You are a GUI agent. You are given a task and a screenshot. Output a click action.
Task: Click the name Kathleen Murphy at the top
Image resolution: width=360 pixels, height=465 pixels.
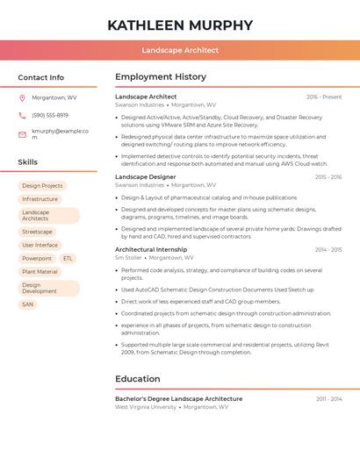click(x=180, y=25)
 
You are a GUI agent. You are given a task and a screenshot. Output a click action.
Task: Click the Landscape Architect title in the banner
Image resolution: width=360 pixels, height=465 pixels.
click(x=180, y=50)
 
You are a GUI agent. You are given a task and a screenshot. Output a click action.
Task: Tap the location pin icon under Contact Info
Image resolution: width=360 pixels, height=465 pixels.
click(x=22, y=97)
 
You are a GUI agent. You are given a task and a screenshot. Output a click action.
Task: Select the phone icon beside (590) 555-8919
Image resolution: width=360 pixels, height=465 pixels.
click(x=22, y=115)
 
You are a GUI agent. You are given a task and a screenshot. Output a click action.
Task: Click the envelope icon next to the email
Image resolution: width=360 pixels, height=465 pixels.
click(x=22, y=133)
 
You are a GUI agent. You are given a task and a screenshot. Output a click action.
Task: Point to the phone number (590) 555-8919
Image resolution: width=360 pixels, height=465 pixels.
click(x=50, y=115)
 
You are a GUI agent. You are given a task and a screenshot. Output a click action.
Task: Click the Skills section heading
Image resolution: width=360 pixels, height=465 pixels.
click(x=28, y=162)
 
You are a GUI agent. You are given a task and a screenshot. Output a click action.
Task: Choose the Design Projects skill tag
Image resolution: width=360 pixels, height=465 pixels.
click(x=42, y=186)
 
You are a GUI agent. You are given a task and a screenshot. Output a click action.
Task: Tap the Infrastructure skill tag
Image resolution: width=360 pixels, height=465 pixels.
click(x=40, y=199)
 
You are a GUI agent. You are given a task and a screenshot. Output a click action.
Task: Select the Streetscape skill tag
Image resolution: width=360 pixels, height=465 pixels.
click(x=38, y=232)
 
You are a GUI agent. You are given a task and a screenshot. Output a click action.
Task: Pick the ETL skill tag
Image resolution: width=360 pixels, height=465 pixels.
click(x=68, y=259)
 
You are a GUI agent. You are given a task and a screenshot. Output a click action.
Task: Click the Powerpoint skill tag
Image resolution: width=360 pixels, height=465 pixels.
click(x=37, y=259)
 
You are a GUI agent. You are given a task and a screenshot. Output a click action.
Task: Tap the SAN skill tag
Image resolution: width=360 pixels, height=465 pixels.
click(x=28, y=304)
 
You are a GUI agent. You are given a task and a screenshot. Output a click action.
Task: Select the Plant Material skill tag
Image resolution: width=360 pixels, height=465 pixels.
click(x=40, y=272)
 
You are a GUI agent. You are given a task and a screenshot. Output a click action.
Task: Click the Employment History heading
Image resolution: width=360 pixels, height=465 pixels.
click(x=161, y=77)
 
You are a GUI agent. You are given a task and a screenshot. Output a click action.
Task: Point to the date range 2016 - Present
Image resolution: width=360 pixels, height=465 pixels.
click(x=324, y=97)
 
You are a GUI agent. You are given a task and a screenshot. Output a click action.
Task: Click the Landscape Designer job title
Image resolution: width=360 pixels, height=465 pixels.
click(x=145, y=177)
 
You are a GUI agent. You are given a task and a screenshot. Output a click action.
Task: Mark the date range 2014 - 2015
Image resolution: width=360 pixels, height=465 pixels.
click(x=328, y=249)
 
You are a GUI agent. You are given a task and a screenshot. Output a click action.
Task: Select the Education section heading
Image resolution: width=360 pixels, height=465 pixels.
click(x=138, y=379)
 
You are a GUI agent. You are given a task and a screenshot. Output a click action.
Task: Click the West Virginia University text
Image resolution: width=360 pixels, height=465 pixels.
click(x=146, y=407)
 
